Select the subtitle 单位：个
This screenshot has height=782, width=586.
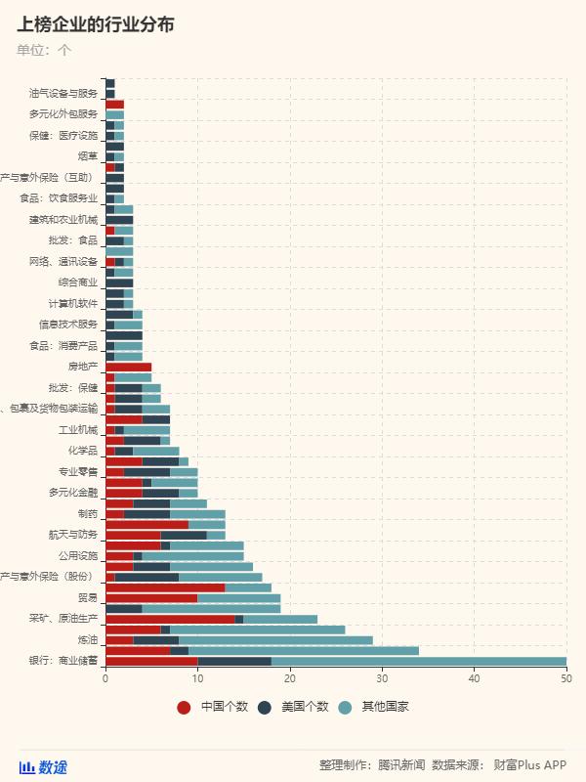[44, 49]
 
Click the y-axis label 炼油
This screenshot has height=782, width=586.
[88, 639]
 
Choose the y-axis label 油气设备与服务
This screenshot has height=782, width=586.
[63, 94]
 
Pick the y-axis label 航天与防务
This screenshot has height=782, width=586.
[73, 535]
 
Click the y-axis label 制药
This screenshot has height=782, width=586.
[88, 513]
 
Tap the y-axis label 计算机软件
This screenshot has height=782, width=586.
[73, 303]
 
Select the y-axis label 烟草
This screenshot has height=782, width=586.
[88, 156]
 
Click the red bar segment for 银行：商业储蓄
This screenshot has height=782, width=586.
[151, 661]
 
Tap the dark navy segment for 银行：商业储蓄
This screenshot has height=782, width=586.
[234, 661]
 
